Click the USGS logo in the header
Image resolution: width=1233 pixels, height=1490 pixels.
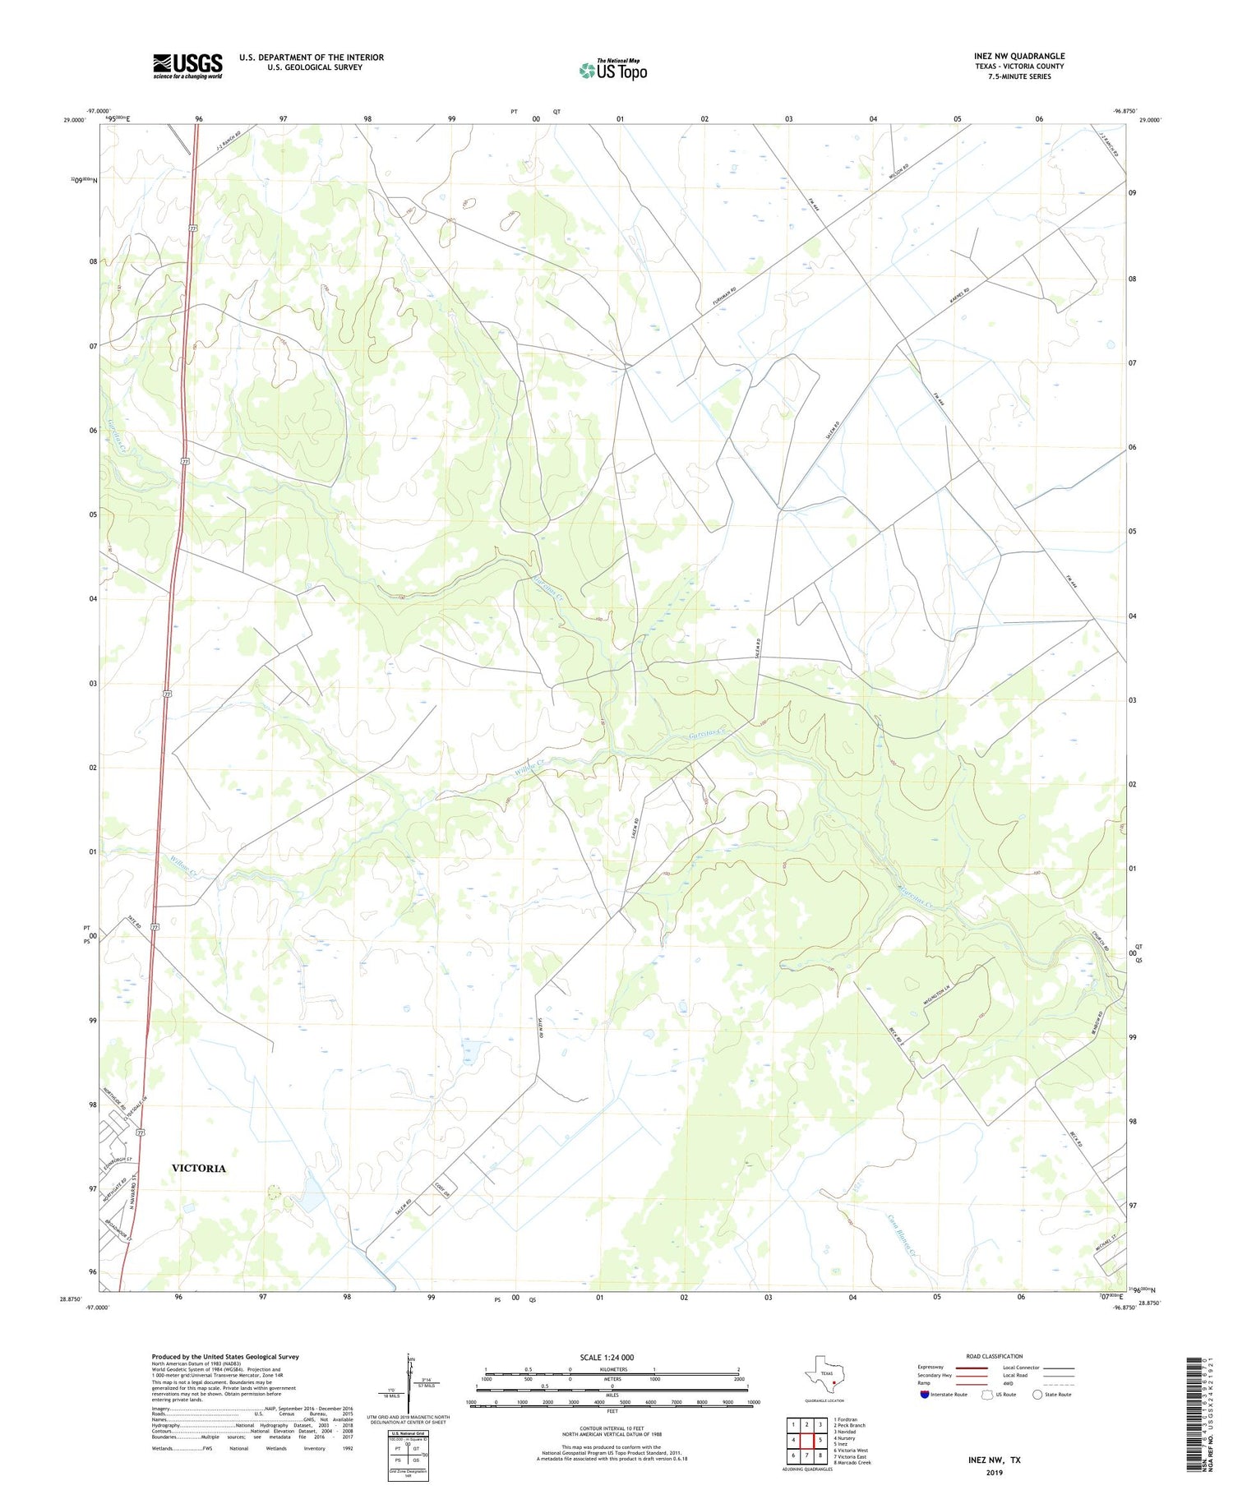[x=187, y=66]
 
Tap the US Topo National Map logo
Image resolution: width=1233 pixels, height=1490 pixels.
[x=613, y=70]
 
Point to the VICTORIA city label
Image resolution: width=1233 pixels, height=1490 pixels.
[x=198, y=1168]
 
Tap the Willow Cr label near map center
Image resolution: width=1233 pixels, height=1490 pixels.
[x=529, y=770]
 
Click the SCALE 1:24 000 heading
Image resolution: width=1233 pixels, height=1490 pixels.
[x=612, y=1357]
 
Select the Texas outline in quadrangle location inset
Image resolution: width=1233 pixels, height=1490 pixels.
[x=824, y=1373]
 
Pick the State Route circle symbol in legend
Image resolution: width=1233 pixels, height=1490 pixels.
[x=1037, y=1394]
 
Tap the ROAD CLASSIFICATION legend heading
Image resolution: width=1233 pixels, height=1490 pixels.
[x=994, y=1356]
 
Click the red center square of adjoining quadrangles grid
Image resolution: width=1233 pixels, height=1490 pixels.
[x=820, y=1440]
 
